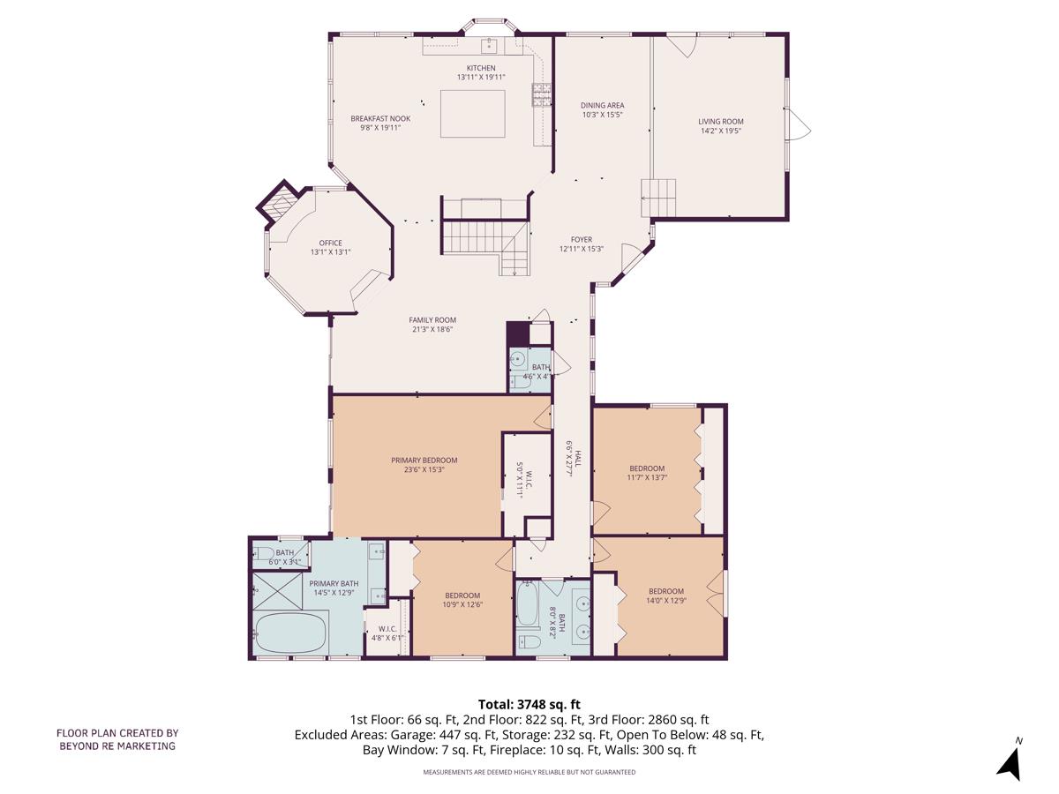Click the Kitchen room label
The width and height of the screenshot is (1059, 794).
tap(481, 68)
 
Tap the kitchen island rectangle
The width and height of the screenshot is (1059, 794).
tap(473, 113)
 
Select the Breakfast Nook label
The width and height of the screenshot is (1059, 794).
tap(380, 118)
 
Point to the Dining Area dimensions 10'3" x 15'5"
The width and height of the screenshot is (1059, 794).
tap(603, 115)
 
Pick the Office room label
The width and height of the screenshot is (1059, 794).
tap(330, 243)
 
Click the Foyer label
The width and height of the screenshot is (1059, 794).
tap(581, 239)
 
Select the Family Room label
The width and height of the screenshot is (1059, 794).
tap(432, 320)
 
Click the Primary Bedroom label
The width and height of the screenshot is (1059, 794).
tap(424, 460)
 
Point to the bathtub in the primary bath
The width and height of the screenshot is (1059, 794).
tap(290, 633)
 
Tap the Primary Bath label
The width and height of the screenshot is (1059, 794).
tap(334, 583)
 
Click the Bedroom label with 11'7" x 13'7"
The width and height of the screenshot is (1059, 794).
tap(647, 468)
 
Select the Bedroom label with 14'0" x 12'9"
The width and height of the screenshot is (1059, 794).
tap(666, 591)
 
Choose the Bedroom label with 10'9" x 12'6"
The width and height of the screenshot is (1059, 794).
tap(462, 595)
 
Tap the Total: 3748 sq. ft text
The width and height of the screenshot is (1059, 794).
tap(529, 704)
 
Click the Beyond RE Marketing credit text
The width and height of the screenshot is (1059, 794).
tap(117, 739)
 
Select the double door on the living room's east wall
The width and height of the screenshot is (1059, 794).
tap(800, 124)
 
